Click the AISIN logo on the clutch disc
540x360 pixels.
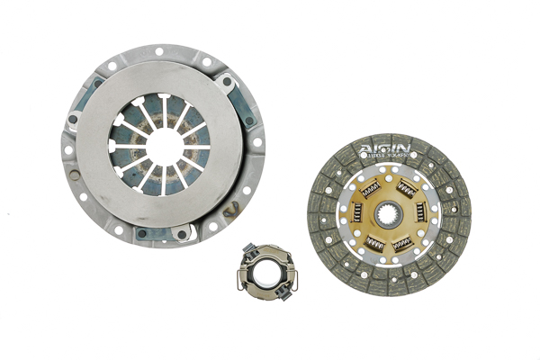click(384, 148)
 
